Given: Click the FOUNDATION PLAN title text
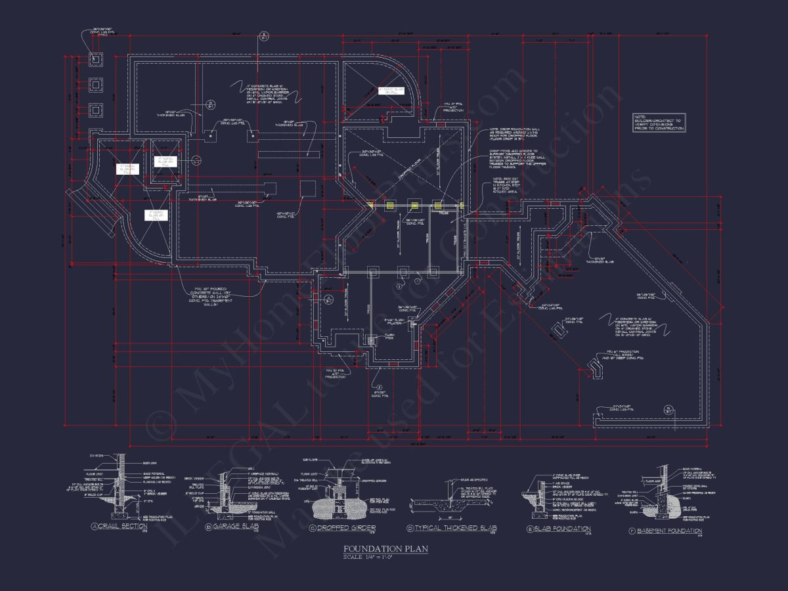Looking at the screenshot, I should pos(385,549).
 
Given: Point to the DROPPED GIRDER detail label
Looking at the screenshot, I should pos(347,527).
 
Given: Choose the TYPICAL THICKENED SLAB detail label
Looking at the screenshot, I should pos(453,528).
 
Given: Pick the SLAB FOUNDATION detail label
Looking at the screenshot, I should pos(563,529).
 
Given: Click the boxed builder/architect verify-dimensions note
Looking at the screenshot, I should pos(659,123).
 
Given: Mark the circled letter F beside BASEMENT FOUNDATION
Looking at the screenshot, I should pos(631,531).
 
